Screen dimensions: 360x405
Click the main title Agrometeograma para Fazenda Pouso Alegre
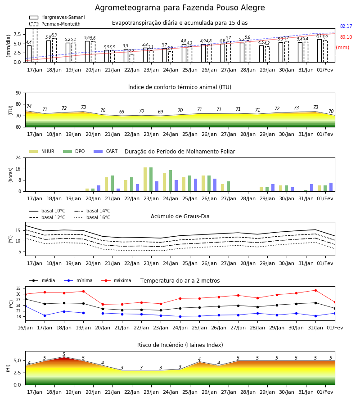180,8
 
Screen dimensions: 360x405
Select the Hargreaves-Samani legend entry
57,17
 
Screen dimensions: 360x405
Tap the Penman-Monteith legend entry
55,24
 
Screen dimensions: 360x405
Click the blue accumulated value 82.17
346,27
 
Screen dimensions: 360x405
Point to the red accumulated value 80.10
346,37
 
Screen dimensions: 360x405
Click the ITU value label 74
29,106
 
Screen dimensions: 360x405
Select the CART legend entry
106,151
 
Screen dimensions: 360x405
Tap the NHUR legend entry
42,151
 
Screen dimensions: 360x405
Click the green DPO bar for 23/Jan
151,180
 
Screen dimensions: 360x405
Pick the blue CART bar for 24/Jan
176,186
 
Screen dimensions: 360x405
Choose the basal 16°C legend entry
92,217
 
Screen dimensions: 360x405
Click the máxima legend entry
116,280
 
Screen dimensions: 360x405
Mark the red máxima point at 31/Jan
315,291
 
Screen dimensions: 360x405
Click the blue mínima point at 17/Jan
45,315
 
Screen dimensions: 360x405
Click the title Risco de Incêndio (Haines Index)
180,345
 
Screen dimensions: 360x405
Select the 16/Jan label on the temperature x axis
25,328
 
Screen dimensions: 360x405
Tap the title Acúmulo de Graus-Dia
180,216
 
